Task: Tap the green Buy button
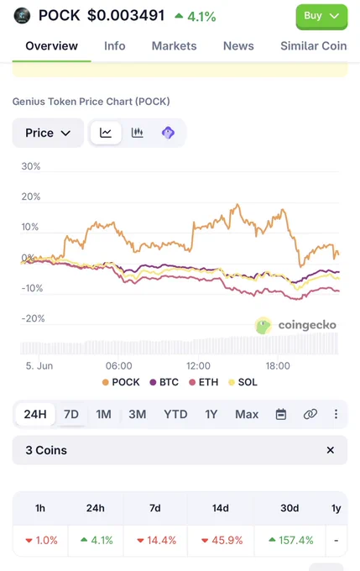click(x=321, y=17)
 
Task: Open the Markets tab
click(x=174, y=46)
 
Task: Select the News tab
click(x=238, y=46)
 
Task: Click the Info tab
click(x=115, y=46)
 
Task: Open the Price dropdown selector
click(x=48, y=133)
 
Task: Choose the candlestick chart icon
click(x=138, y=133)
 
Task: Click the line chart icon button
click(x=106, y=133)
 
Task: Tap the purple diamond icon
click(x=168, y=133)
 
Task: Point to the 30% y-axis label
click(x=31, y=166)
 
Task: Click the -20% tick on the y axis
click(x=33, y=318)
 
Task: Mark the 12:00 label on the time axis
click(x=198, y=365)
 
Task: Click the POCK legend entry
click(x=121, y=382)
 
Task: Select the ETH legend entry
click(x=204, y=382)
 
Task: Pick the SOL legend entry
click(x=243, y=382)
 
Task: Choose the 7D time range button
click(x=71, y=414)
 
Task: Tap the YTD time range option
click(x=175, y=414)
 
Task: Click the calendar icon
click(x=281, y=414)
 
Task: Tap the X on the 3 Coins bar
click(x=330, y=450)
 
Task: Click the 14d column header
click(x=221, y=508)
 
